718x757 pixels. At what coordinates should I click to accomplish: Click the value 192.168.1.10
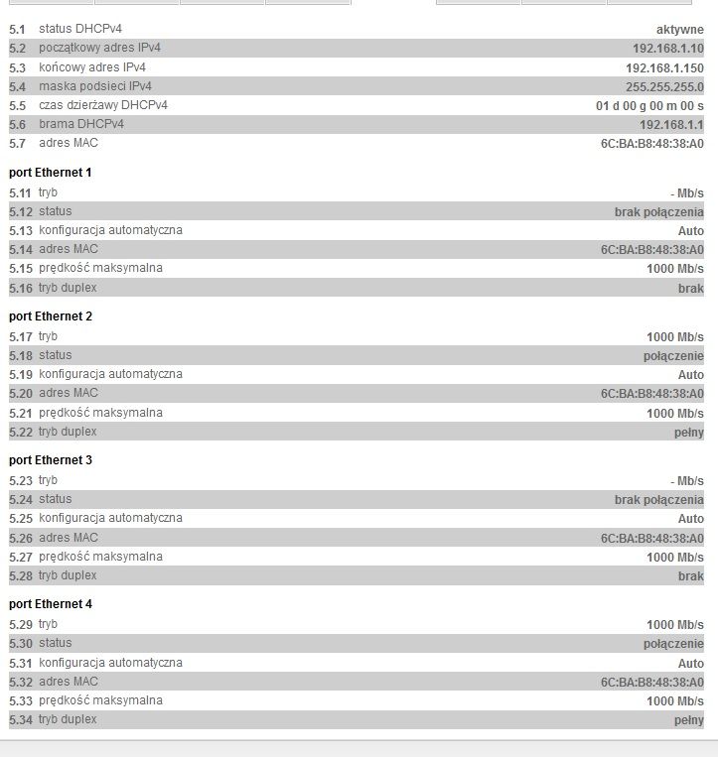click(x=667, y=49)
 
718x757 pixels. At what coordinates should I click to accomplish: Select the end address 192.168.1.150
click(x=664, y=67)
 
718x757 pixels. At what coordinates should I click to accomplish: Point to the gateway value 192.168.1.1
click(x=671, y=125)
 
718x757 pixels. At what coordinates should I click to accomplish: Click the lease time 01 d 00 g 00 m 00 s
click(x=649, y=106)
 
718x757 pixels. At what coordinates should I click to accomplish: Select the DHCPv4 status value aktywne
click(x=679, y=30)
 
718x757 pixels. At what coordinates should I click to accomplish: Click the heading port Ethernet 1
click(x=51, y=173)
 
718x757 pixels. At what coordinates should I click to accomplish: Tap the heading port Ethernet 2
click(x=51, y=316)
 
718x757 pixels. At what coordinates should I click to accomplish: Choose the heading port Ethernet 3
click(x=51, y=460)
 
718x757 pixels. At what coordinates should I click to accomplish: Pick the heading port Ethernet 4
click(x=51, y=604)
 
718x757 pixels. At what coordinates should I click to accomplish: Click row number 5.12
click(x=20, y=211)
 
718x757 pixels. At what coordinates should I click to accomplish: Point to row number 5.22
click(x=20, y=433)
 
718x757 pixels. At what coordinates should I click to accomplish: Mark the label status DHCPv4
click(x=81, y=30)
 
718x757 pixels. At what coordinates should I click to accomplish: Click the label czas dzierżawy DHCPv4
click(x=103, y=106)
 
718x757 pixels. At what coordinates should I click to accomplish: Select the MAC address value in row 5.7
click(x=651, y=144)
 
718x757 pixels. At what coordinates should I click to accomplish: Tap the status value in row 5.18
click(x=673, y=355)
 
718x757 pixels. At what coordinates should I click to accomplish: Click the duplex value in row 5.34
click(x=688, y=720)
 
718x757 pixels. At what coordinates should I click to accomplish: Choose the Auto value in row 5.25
click(x=690, y=519)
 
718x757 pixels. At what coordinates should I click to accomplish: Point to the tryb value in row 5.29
click(x=674, y=625)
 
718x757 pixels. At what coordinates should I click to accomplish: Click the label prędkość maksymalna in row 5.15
click(x=100, y=269)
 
